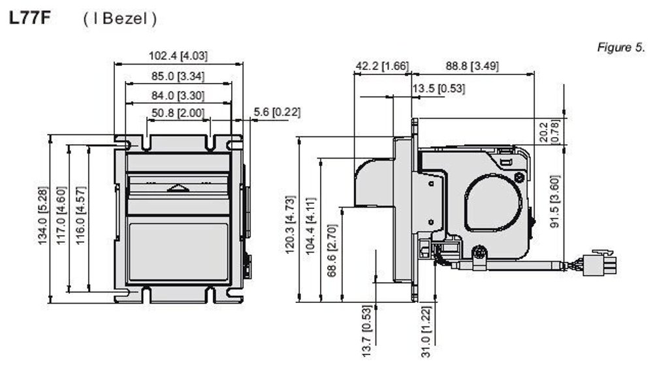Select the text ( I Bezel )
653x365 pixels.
119,19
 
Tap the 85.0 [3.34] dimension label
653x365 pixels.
178,76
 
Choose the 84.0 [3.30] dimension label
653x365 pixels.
178,96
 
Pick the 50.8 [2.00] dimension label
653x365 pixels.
178,113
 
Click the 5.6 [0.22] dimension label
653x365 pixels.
277,112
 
